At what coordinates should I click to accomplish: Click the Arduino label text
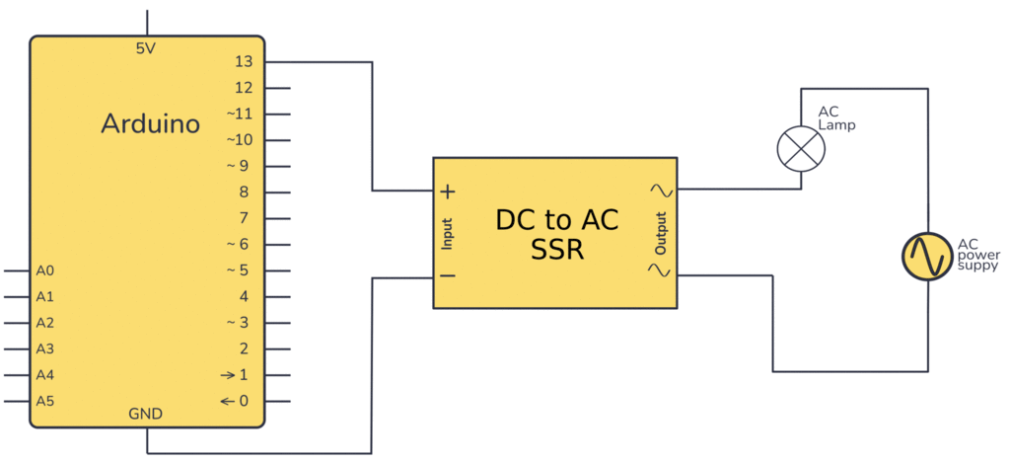click(151, 124)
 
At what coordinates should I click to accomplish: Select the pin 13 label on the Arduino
click(244, 62)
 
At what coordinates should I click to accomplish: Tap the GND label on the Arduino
click(146, 413)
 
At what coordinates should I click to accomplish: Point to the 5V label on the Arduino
click(146, 48)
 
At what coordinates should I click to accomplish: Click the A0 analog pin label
click(45, 270)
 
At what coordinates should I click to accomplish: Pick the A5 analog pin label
click(45, 401)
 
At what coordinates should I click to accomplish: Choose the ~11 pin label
click(240, 115)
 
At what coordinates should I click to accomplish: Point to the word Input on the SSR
click(447, 233)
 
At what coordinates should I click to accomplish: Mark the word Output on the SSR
click(661, 233)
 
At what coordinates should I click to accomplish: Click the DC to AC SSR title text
click(556, 235)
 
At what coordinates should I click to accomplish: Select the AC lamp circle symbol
click(801, 149)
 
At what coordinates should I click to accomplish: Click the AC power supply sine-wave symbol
click(927, 256)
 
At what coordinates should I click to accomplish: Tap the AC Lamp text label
click(836, 118)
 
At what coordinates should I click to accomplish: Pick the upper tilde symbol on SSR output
click(660, 190)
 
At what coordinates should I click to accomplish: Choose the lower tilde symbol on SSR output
click(660, 270)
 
